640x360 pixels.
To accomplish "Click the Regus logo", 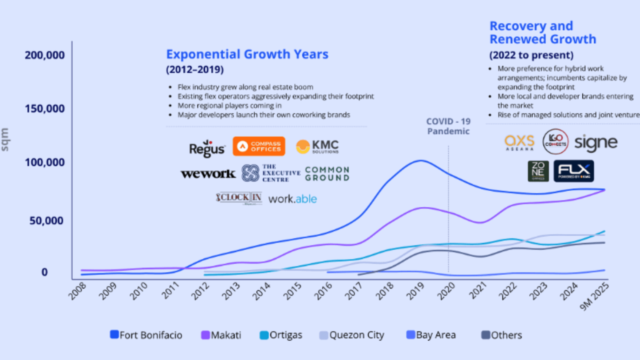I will [207, 148].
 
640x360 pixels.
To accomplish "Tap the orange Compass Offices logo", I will [258, 146].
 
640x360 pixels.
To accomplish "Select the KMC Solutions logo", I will [317, 146].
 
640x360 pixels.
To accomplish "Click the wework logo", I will [208, 174].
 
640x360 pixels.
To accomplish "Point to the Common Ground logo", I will [327, 174].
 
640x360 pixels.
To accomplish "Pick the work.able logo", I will [292, 199].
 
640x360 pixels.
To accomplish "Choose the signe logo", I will [596, 142].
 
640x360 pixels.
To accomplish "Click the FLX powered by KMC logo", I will [573, 171].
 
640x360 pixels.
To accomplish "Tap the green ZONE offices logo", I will [538, 171].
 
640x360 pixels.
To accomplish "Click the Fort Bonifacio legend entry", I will [146, 335].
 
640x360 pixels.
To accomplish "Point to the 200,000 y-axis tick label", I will [45, 55].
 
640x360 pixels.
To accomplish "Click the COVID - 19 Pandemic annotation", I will [448, 126].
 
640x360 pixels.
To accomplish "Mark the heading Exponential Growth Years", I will [247, 54].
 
